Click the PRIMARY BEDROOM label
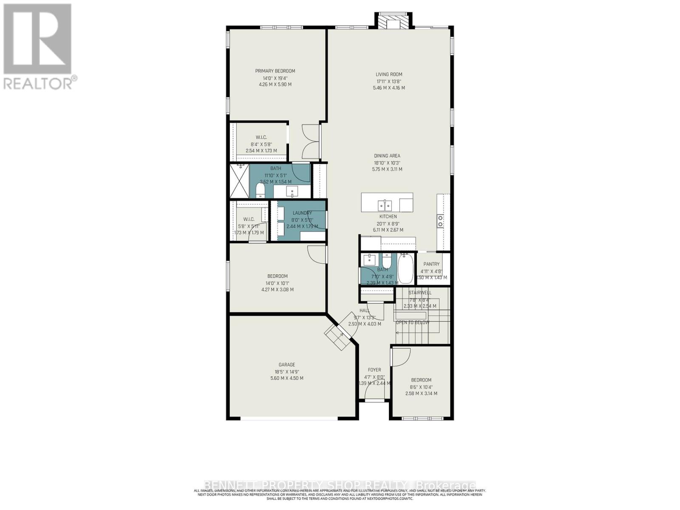[275, 71]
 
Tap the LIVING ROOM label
[389, 74]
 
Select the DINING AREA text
[387, 156]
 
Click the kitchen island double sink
[385, 206]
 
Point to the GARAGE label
[286, 365]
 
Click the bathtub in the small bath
[405, 269]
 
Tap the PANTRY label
[431, 264]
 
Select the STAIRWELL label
[419, 293]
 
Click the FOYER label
[374, 370]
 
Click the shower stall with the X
[240, 181]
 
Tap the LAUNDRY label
[302, 213]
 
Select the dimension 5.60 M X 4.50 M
[286, 378]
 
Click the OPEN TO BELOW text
[412, 323]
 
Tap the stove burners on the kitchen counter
[441, 221]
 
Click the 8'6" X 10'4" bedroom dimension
[421, 387]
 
